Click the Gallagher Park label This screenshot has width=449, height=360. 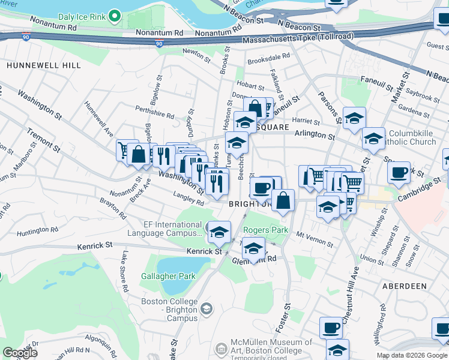(169, 276)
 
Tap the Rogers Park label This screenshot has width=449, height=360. (265, 230)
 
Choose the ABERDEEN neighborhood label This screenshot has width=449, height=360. (403, 287)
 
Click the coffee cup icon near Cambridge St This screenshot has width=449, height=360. (399, 172)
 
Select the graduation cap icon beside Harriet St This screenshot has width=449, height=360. (355, 118)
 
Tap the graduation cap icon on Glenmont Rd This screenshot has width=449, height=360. (254, 249)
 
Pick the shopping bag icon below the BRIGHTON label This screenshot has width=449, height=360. (283, 200)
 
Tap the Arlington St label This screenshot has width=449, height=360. (315, 137)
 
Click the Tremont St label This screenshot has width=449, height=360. (42, 139)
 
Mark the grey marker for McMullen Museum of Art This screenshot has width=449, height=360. (221, 348)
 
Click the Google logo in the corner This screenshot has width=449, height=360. (20, 353)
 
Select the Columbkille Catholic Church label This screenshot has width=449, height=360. (412, 137)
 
